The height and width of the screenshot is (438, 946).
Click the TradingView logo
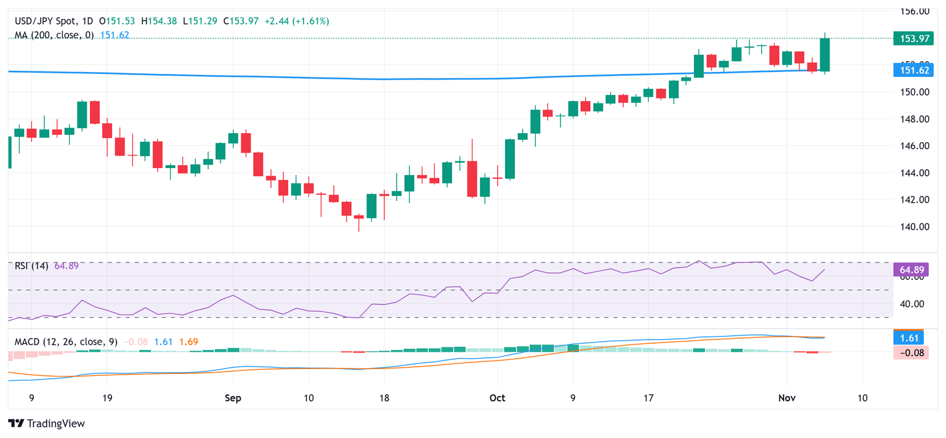point(47,423)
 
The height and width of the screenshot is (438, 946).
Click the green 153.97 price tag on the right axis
point(910,38)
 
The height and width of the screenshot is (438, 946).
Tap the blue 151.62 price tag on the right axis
point(910,71)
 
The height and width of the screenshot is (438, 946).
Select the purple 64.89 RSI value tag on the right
point(910,269)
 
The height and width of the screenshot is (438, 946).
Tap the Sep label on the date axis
point(232,398)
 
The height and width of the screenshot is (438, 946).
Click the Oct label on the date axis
point(497,398)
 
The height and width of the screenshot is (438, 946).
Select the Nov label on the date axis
point(786,398)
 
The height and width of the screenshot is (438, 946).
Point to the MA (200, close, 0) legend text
point(54,35)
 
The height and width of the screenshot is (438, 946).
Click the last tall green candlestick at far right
point(825,54)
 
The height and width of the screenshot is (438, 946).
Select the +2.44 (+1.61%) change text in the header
point(297,21)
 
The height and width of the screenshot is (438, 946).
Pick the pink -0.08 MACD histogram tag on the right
point(910,352)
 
